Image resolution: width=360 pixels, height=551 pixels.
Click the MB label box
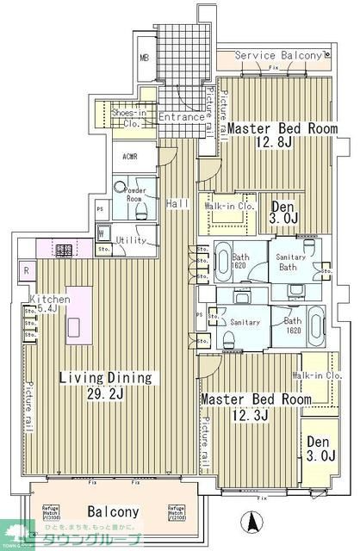pos(145,59)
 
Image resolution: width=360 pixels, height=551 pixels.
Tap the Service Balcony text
pos(279,55)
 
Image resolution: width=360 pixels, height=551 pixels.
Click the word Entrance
pos(182,117)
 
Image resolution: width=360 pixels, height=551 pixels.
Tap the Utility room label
pos(131,240)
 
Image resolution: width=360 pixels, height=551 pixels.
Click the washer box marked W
pos(102,232)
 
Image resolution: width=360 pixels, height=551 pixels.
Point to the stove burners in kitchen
pos(64,251)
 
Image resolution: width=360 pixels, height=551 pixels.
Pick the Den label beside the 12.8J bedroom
pos(284,207)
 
